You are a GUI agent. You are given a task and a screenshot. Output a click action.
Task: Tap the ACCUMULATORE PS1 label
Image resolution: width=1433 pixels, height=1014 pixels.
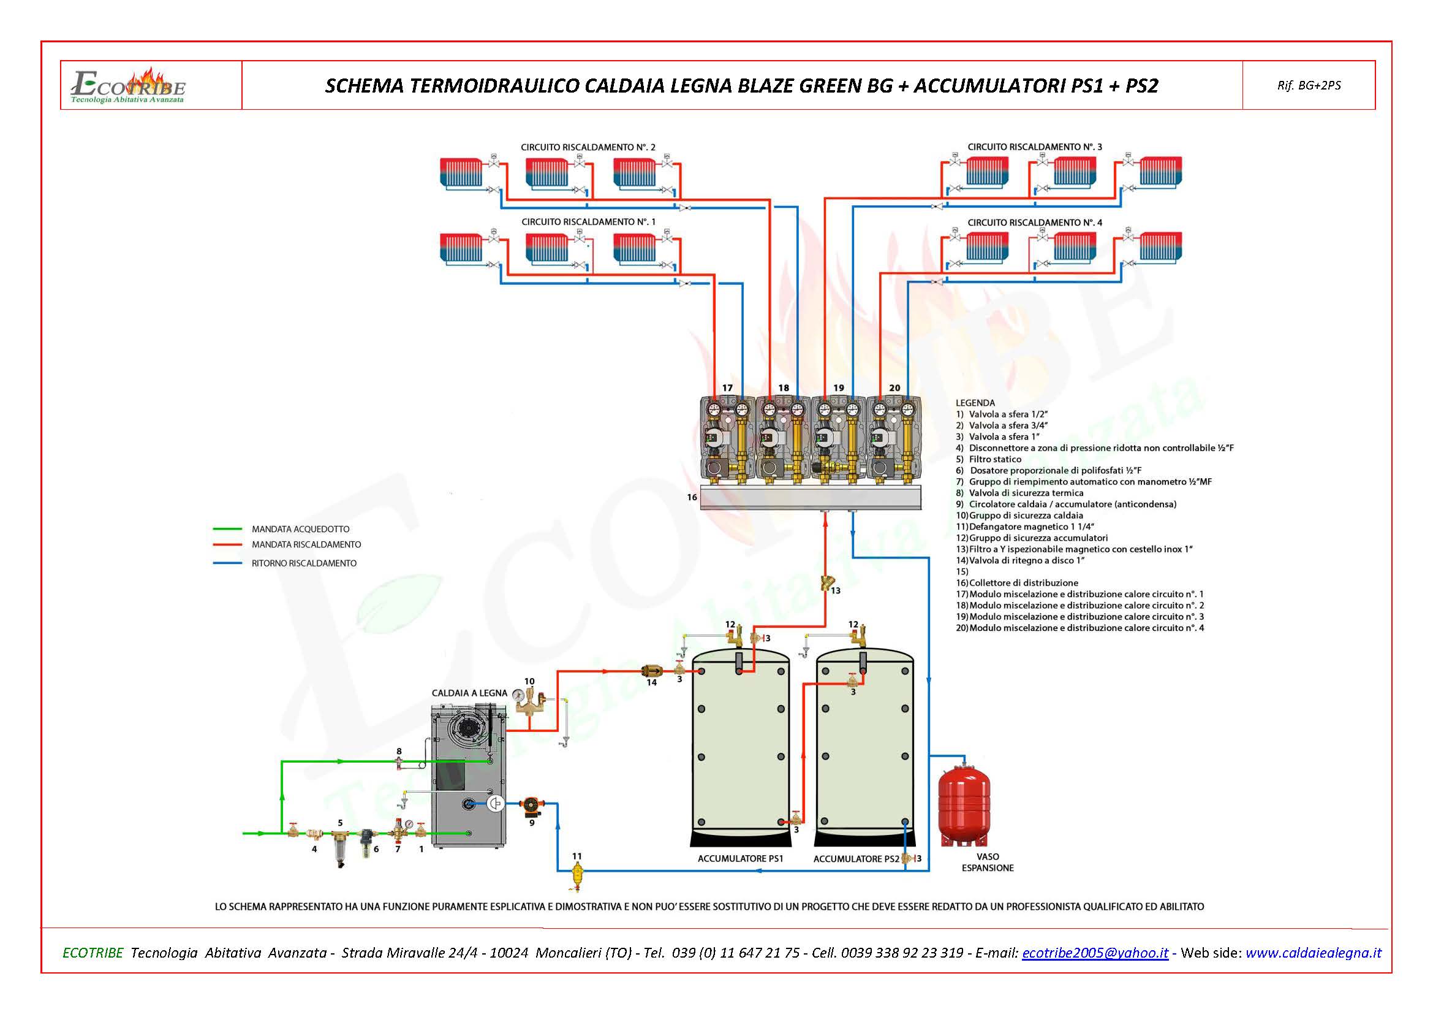[x=740, y=858]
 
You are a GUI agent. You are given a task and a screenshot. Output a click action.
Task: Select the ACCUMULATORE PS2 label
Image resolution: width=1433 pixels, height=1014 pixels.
[x=856, y=859]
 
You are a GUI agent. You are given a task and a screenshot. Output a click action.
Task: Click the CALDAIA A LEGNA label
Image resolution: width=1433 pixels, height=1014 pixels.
[x=469, y=693]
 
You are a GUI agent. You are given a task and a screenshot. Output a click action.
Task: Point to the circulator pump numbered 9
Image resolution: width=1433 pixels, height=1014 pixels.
[x=531, y=806]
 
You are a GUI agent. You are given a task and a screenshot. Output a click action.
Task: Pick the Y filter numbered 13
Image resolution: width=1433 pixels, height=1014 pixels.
[x=828, y=584]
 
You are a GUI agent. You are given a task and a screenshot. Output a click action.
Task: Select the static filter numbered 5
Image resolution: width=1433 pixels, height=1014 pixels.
[x=339, y=843]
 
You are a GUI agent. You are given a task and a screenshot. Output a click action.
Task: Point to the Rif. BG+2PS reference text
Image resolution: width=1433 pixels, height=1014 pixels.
[x=1309, y=86]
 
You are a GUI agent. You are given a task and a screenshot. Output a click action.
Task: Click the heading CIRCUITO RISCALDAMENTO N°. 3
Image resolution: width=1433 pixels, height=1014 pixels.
[x=1034, y=147]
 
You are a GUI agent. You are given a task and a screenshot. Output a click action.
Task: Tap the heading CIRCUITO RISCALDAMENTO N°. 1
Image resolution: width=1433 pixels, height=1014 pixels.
[x=589, y=223]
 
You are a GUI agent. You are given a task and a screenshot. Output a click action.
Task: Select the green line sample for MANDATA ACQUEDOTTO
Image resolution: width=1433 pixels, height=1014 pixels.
[x=227, y=529]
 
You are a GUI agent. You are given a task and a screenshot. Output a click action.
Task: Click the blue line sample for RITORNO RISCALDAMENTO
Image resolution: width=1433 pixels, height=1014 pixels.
[x=227, y=563]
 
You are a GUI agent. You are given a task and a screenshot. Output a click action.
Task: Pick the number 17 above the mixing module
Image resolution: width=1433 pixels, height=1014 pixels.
[x=727, y=387]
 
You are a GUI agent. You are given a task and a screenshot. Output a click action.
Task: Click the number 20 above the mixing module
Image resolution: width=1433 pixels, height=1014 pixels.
[x=894, y=387]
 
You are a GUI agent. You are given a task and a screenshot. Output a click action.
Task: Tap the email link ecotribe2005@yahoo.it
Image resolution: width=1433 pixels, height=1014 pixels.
[x=1095, y=953]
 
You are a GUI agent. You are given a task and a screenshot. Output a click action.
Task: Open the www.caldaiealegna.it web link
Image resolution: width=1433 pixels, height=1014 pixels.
[x=1313, y=953]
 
